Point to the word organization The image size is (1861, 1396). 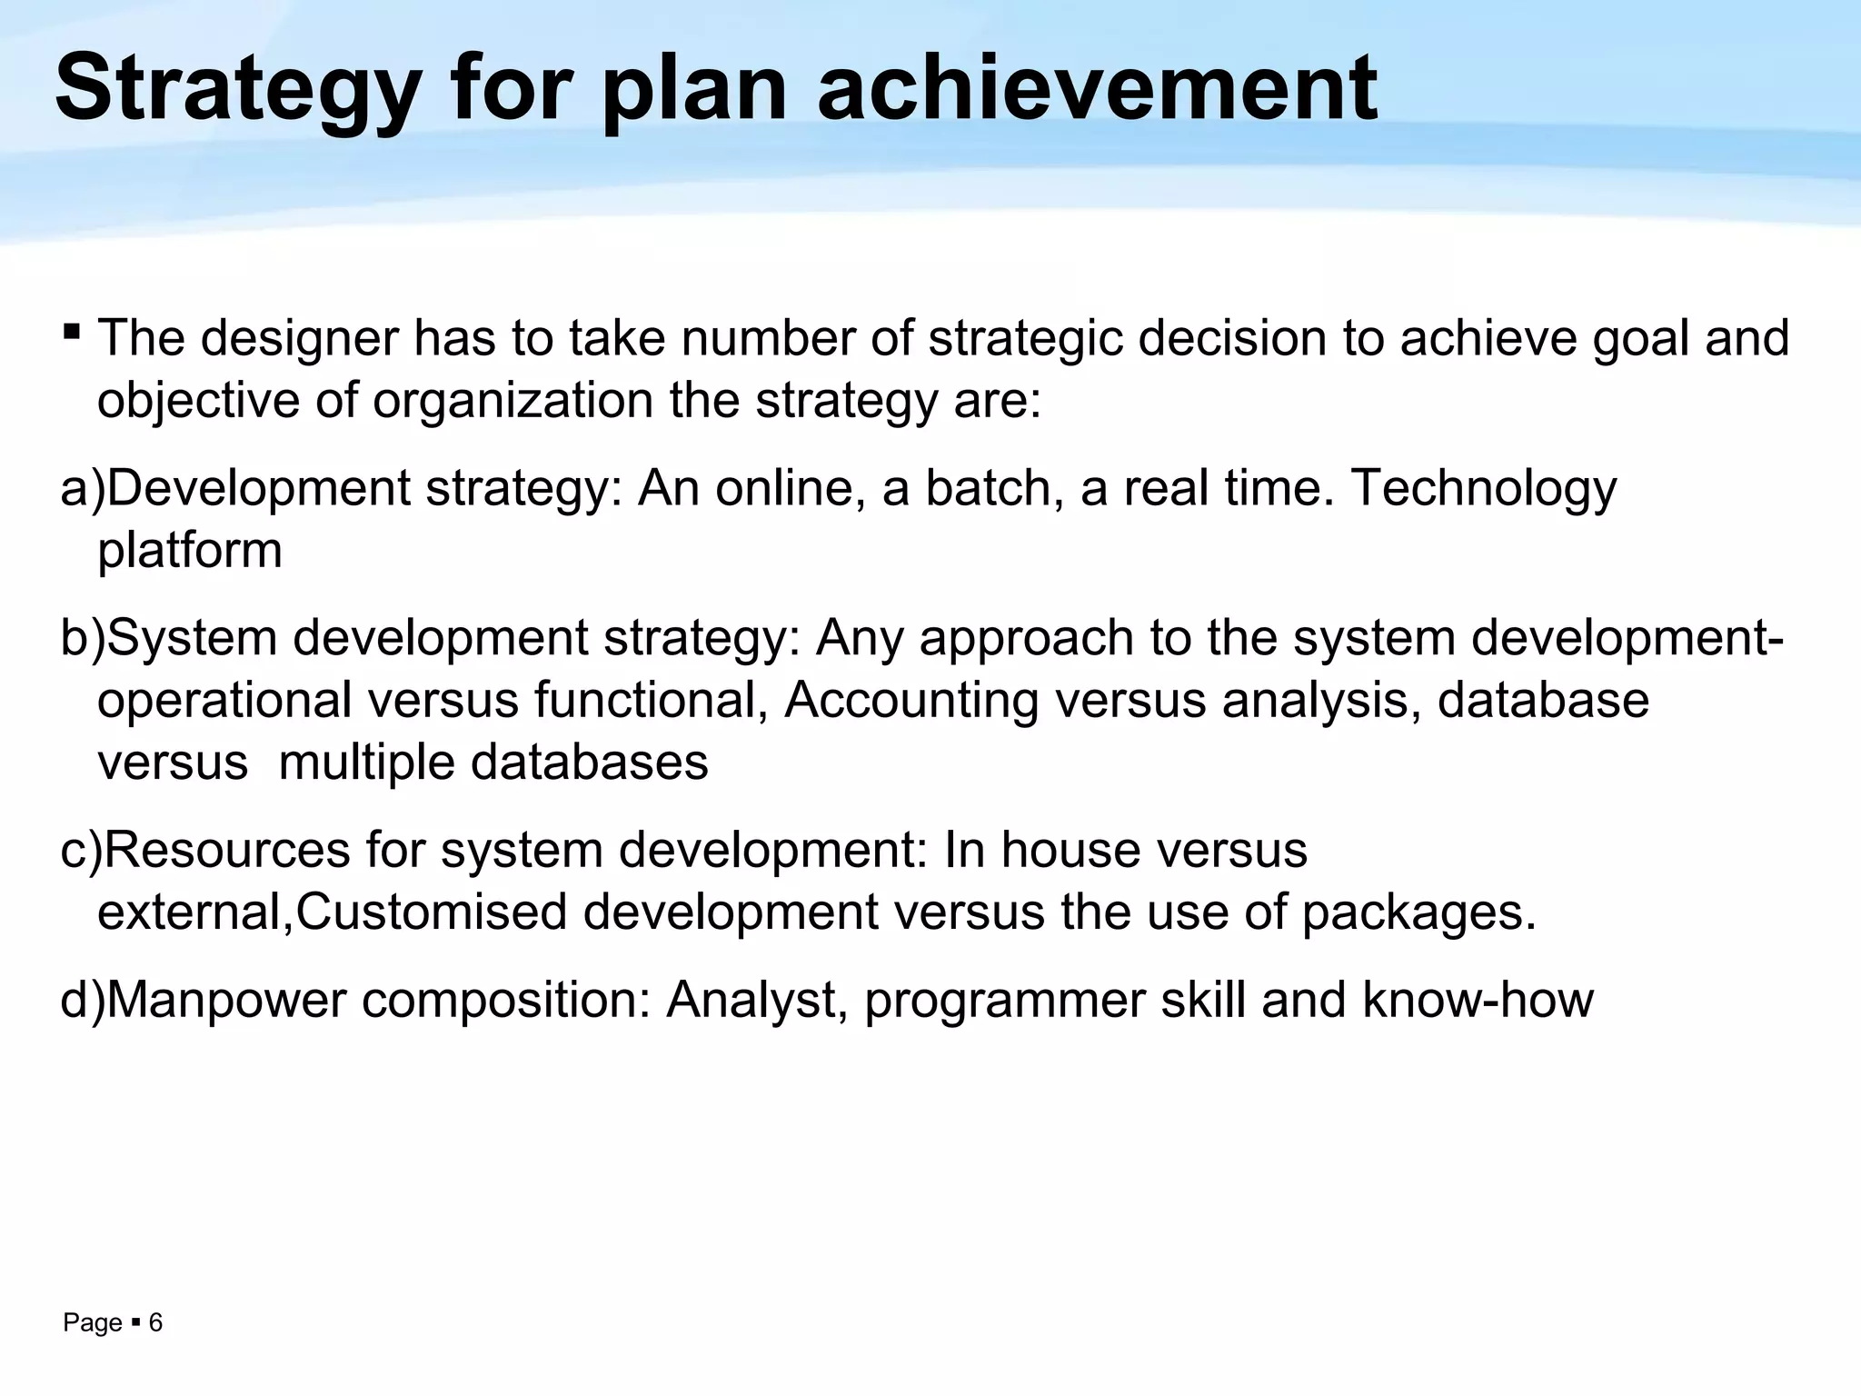513,401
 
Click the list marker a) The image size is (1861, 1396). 82,488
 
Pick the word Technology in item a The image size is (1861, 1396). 1484,488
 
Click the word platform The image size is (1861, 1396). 189,551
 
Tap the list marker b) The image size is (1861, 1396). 82,638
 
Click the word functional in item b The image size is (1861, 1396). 646,701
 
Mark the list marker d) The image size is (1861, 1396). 82,1001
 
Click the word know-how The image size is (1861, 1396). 1478,1001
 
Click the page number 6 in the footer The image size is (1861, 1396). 155,1323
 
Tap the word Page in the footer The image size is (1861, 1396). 92,1323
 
